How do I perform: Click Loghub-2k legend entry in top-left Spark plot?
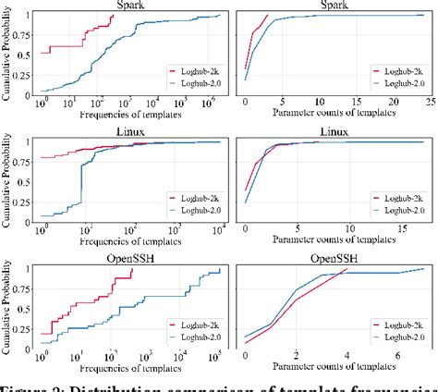coord(194,69)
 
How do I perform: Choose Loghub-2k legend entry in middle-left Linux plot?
coord(195,197)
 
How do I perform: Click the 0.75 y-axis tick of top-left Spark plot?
coord(23,37)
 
